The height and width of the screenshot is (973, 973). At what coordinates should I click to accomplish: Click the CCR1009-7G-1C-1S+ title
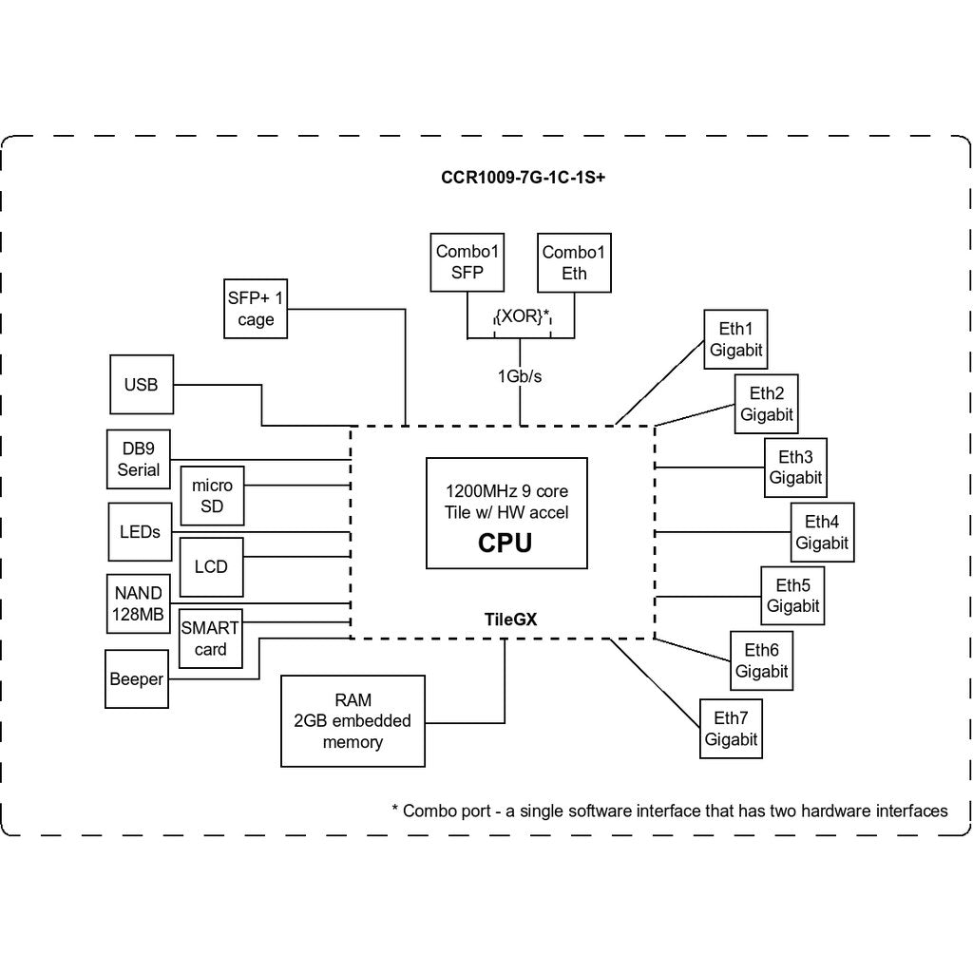(x=524, y=178)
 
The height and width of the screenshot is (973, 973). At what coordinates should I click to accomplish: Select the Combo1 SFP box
(x=467, y=262)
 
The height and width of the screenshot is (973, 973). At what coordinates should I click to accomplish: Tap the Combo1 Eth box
(x=574, y=263)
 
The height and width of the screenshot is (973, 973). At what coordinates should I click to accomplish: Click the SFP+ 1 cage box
(x=256, y=309)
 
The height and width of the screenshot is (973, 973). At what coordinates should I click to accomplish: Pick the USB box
(x=142, y=385)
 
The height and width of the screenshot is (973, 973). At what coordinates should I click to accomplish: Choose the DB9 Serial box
(x=139, y=459)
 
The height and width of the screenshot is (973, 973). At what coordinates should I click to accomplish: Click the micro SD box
(x=212, y=496)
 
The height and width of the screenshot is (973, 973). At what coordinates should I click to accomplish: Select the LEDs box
(x=140, y=532)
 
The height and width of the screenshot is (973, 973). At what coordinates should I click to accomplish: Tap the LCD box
(x=211, y=567)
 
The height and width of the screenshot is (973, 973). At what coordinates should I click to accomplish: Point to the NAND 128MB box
(x=139, y=603)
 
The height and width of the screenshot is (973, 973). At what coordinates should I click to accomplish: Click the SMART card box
(x=210, y=639)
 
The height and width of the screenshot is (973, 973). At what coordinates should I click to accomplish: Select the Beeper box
(x=137, y=678)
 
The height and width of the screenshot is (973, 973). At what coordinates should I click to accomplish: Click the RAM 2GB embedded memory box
(x=353, y=721)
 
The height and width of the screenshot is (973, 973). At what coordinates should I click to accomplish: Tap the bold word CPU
(x=506, y=543)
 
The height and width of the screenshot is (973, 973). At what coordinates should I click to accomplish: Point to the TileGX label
(x=510, y=620)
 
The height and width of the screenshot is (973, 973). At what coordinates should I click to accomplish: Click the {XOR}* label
(x=523, y=316)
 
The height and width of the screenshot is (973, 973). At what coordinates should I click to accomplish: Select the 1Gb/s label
(x=520, y=376)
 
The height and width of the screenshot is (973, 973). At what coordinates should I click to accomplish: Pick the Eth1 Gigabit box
(x=736, y=339)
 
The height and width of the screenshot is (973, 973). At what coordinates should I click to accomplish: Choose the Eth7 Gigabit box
(x=731, y=729)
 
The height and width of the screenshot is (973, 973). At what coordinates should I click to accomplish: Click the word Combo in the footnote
(x=447, y=811)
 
